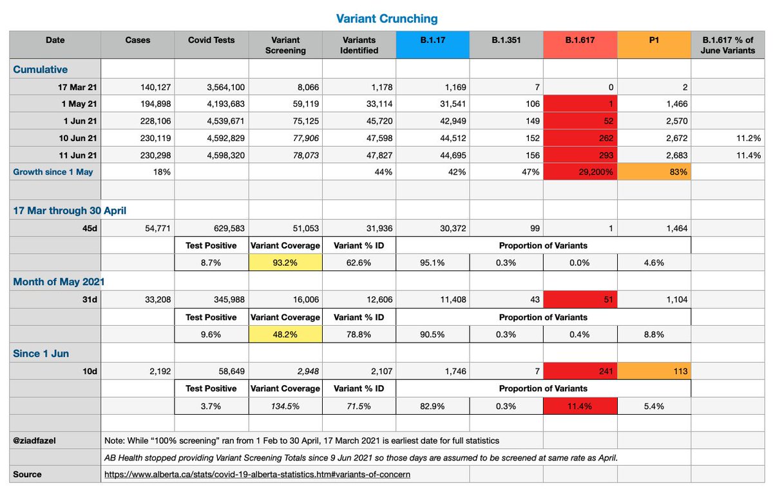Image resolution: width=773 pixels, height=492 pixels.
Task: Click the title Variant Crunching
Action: tap(386, 19)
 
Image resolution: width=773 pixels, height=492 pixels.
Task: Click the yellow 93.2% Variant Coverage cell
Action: tap(285, 263)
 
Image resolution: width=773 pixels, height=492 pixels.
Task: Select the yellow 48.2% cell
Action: tap(285, 335)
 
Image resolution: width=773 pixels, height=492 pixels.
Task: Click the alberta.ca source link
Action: tap(257, 474)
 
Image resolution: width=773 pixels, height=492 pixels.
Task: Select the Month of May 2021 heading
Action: tap(59, 281)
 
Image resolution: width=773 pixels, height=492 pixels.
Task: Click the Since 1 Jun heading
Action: tap(41, 353)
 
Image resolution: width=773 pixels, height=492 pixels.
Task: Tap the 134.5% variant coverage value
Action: tap(285, 406)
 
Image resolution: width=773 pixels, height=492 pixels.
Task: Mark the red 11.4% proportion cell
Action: tap(580, 406)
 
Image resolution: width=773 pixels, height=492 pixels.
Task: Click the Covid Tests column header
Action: tap(211, 40)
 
